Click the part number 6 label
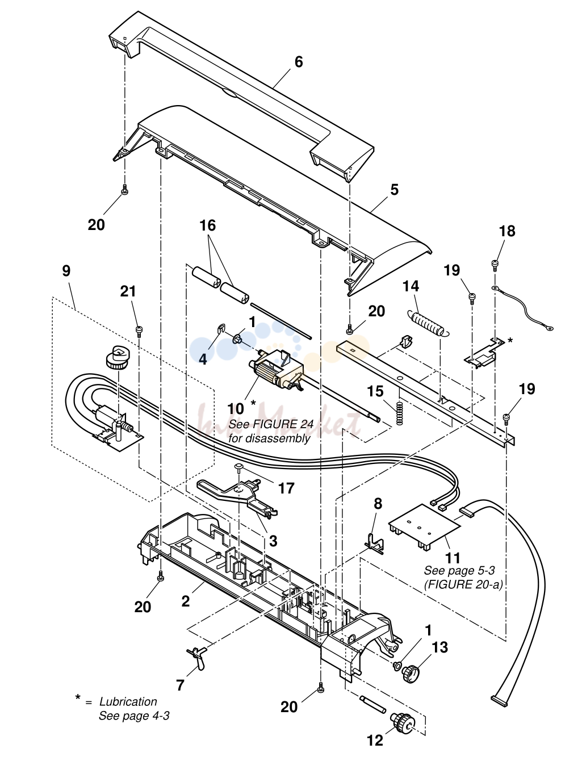click(298, 62)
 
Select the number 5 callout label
click(394, 190)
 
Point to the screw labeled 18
click(495, 265)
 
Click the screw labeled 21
click(139, 331)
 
